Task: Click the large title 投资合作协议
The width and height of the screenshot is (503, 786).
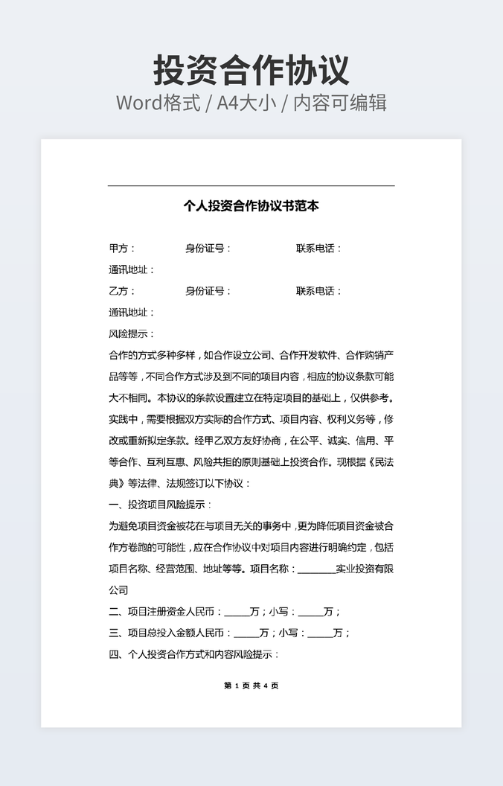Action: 251,71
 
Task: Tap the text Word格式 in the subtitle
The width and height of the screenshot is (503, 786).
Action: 158,103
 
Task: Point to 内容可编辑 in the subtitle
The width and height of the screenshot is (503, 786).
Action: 340,103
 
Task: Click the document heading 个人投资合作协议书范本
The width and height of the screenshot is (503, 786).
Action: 251,206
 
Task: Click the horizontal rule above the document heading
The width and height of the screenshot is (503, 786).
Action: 251,185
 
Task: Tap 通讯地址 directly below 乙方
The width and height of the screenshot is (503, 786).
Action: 131,313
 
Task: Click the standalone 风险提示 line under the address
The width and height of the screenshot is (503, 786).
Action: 131,334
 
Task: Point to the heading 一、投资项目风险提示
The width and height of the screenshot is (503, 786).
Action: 160,505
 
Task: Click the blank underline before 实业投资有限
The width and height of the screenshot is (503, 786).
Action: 316,569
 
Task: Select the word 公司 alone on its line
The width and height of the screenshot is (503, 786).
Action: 118,590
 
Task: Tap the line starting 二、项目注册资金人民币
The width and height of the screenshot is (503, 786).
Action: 224,612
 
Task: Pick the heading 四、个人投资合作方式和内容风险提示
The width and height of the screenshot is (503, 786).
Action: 193,655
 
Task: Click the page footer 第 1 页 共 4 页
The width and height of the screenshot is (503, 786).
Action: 251,686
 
